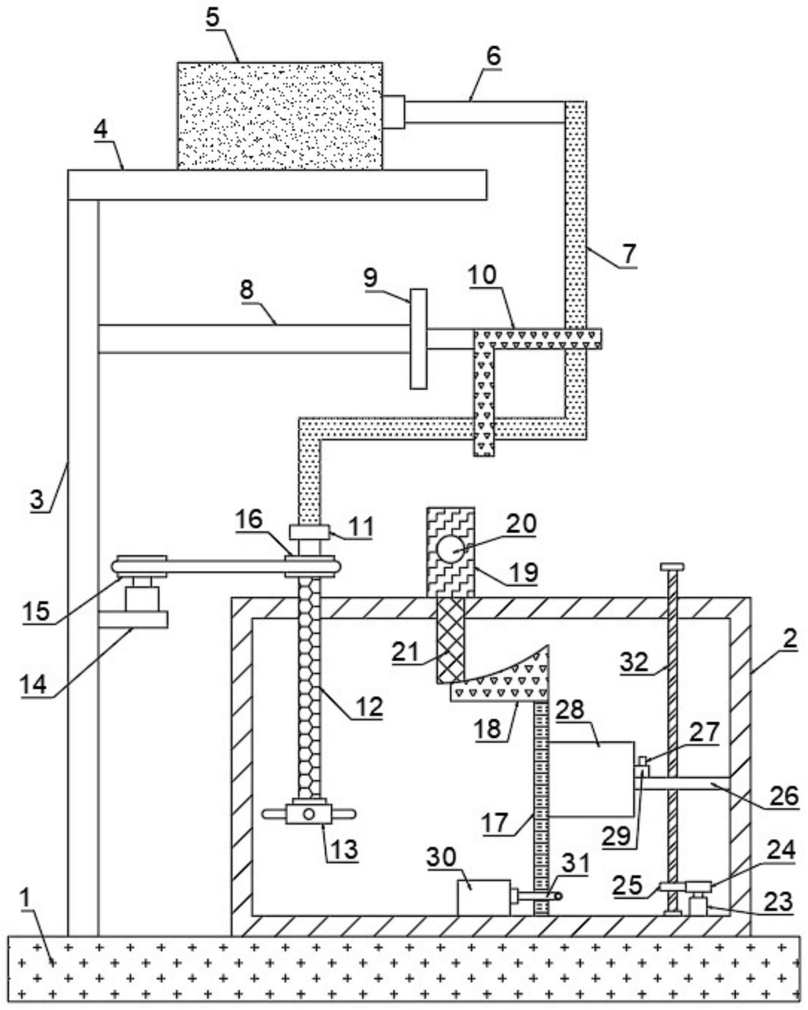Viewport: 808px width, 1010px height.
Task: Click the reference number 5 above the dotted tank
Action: [x=213, y=18]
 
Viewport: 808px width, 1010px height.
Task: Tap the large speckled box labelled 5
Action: [x=280, y=116]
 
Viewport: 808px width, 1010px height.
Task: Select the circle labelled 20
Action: [x=451, y=549]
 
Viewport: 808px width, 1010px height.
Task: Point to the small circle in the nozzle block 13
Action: [x=309, y=814]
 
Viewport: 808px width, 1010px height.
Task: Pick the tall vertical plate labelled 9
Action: [x=419, y=339]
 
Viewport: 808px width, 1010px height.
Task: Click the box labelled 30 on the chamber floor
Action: [x=484, y=898]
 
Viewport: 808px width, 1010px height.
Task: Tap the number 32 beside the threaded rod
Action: [x=635, y=662]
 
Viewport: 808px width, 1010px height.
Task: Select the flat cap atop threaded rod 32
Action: [x=672, y=567]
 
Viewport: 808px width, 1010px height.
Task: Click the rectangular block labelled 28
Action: [x=592, y=779]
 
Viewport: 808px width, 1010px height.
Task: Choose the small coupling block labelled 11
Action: [x=309, y=532]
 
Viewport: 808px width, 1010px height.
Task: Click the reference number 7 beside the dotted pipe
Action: [x=628, y=253]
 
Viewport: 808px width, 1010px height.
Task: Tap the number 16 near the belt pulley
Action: [x=249, y=519]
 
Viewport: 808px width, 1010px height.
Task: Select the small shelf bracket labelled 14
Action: [x=133, y=620]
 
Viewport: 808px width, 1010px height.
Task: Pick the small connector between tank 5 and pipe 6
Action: [x=394, y=112]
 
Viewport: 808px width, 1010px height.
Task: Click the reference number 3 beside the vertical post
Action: [x=37, y=499]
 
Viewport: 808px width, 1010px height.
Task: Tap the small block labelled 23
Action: [x=698, y=906]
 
